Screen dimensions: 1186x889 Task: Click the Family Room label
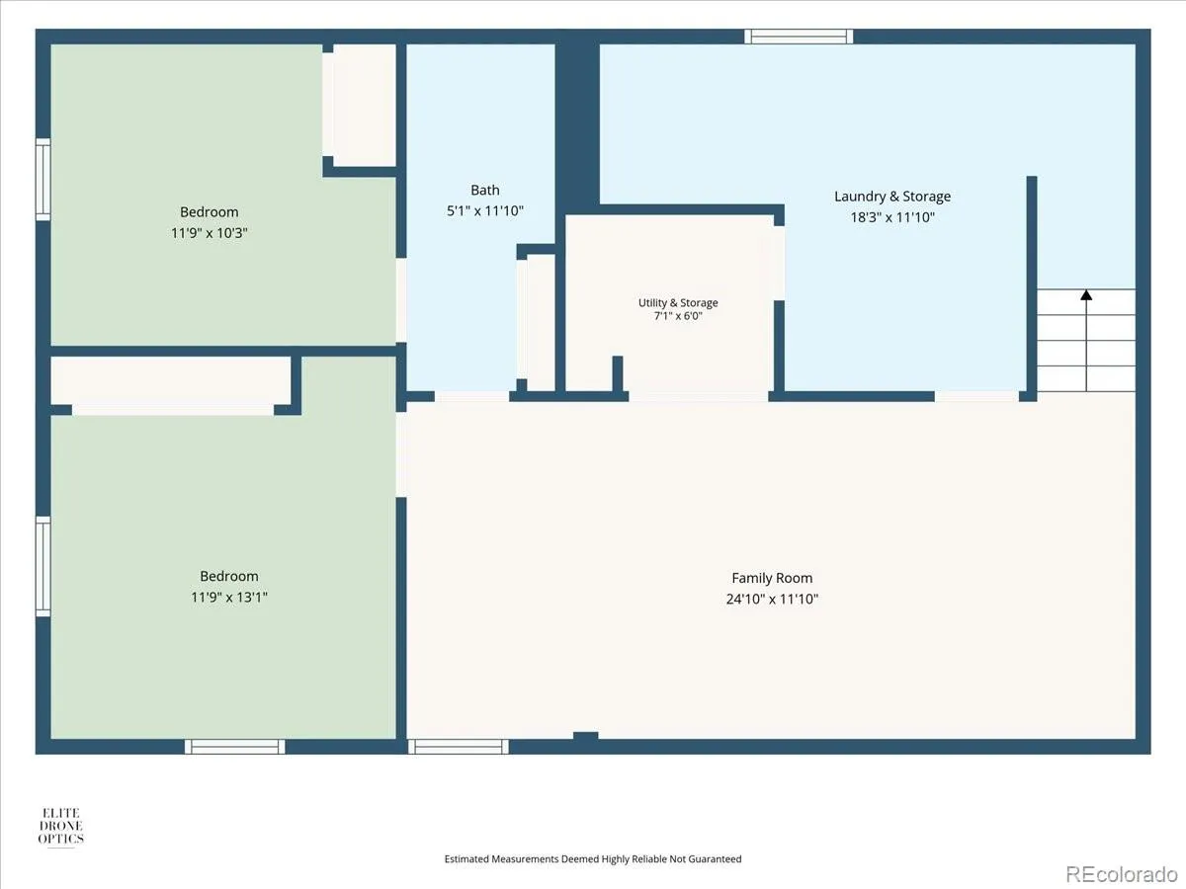(x=772, y=578)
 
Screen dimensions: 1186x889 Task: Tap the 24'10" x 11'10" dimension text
(x=772, y=600)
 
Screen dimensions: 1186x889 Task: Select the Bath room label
(x=484, y=190)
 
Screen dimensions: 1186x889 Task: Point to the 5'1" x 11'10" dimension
(x=484, y=210)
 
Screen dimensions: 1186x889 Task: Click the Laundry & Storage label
(x=892, y=197)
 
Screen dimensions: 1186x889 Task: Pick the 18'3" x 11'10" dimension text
(x=892, y=217)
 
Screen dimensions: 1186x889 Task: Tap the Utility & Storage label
(x=678, y=303)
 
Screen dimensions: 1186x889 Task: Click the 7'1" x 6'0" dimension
(x=678, y=316)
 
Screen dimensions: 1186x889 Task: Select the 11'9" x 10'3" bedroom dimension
(x=210, y=233)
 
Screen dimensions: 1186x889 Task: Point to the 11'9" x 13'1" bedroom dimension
(x=229, y=597)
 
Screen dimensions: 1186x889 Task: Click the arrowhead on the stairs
(x=1086, y=294)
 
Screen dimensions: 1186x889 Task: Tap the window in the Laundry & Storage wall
(x=799, y=37)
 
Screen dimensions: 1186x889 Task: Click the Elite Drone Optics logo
(x=60, y=827)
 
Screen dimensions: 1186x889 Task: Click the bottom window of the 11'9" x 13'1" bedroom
(x=234, y=747)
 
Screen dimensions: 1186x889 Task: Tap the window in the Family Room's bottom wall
(x=459, y=747)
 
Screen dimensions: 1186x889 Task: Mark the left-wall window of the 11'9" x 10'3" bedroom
(x=43, y=179)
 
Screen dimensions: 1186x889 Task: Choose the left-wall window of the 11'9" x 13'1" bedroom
(x=43, y=566)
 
